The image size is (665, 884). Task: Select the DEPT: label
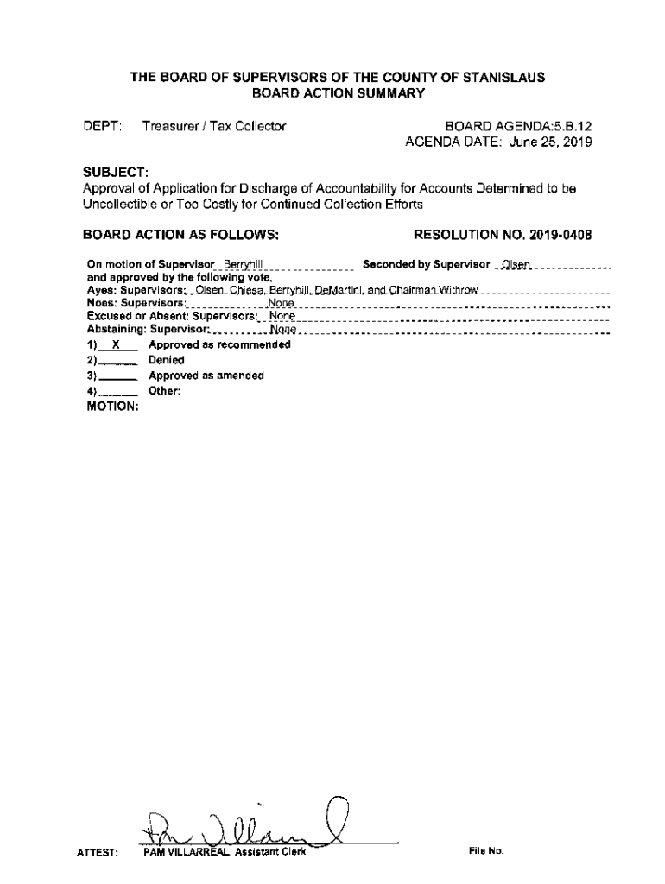(99, 127)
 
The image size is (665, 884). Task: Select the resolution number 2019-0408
(562, 235)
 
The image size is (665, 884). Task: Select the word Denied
(166, 360)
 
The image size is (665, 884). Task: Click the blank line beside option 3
(118, 376)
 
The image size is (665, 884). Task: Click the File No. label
(486, 850)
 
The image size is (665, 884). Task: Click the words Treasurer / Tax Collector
(214, 127)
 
